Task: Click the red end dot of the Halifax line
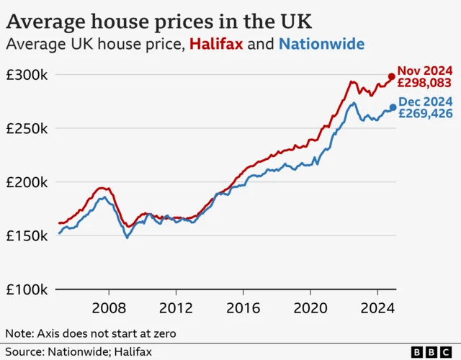pos(392,76)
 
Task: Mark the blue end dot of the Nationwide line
pos(393,107)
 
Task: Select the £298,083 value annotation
pos(425,83)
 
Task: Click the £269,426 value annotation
pos(426,114)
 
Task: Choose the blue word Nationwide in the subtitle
pos(321,45)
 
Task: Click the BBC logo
pos(434,352)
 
